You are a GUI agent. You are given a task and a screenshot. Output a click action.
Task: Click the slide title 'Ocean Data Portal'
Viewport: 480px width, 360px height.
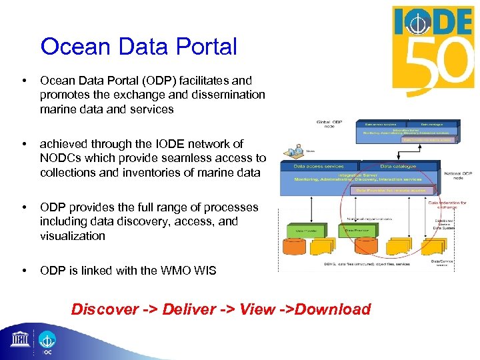(x=139, y=47)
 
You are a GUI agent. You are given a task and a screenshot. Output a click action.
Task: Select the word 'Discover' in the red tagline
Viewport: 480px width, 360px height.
(x=104, y=309)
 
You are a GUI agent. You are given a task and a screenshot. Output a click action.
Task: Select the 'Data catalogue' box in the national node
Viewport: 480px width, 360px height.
(x=398, y=165)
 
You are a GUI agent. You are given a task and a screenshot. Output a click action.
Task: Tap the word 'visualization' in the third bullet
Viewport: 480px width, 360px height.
(x=72, y=236)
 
